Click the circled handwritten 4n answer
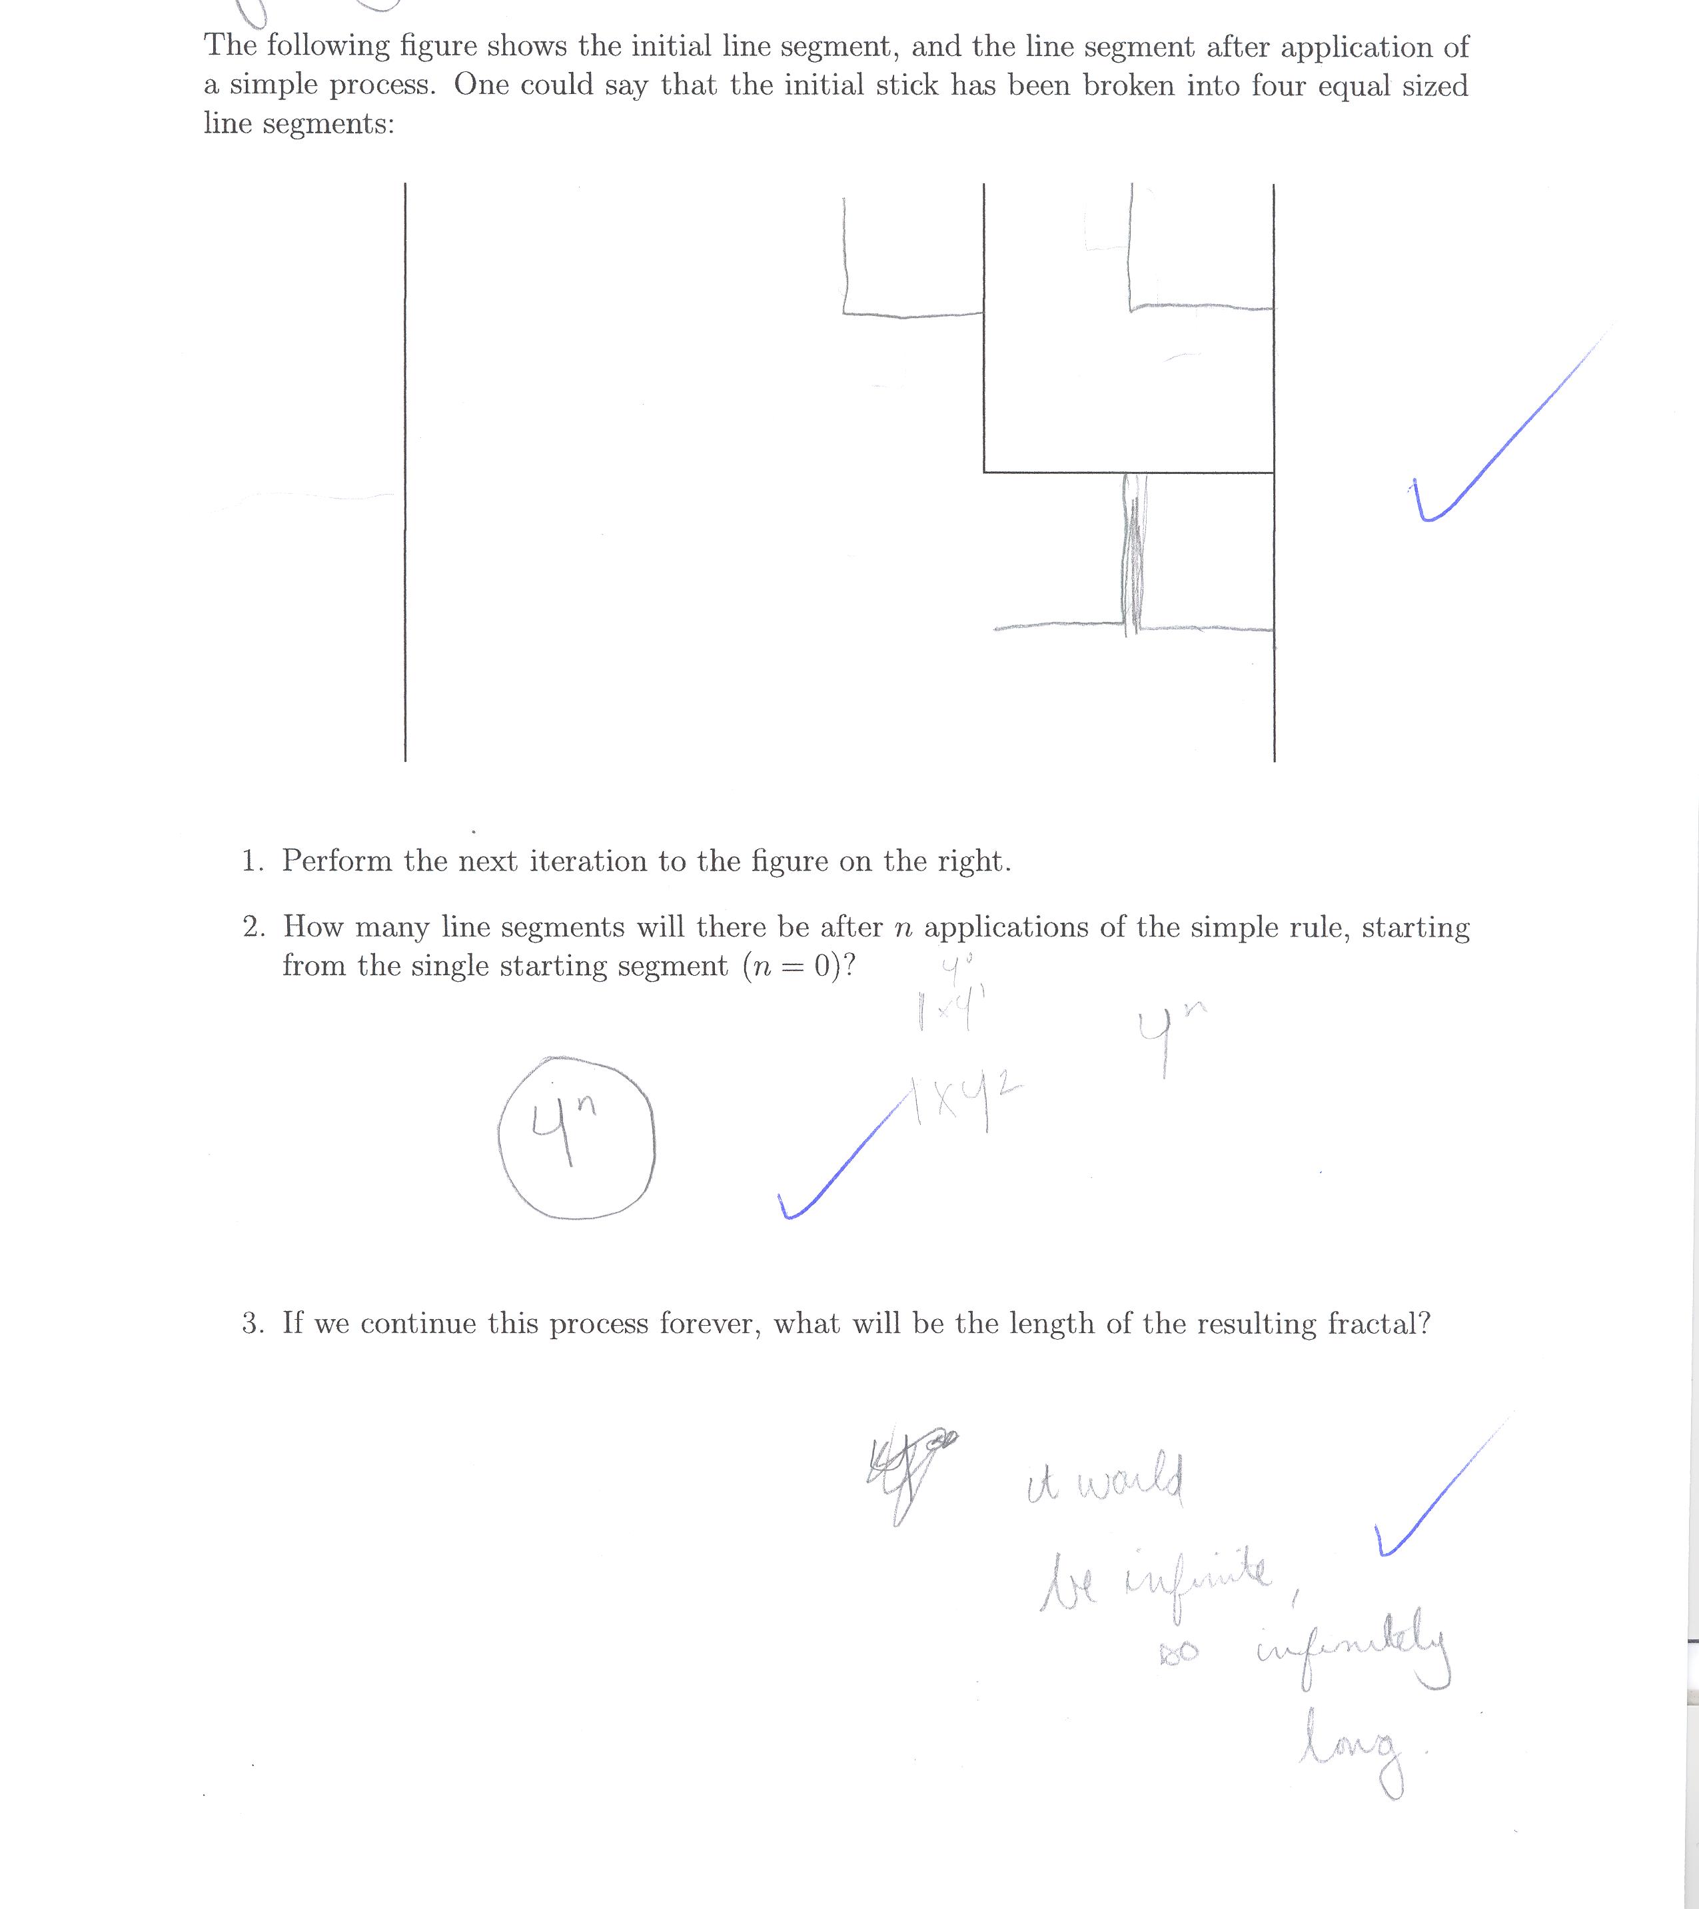pos(576,1136)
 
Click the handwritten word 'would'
pos(1129,1483)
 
